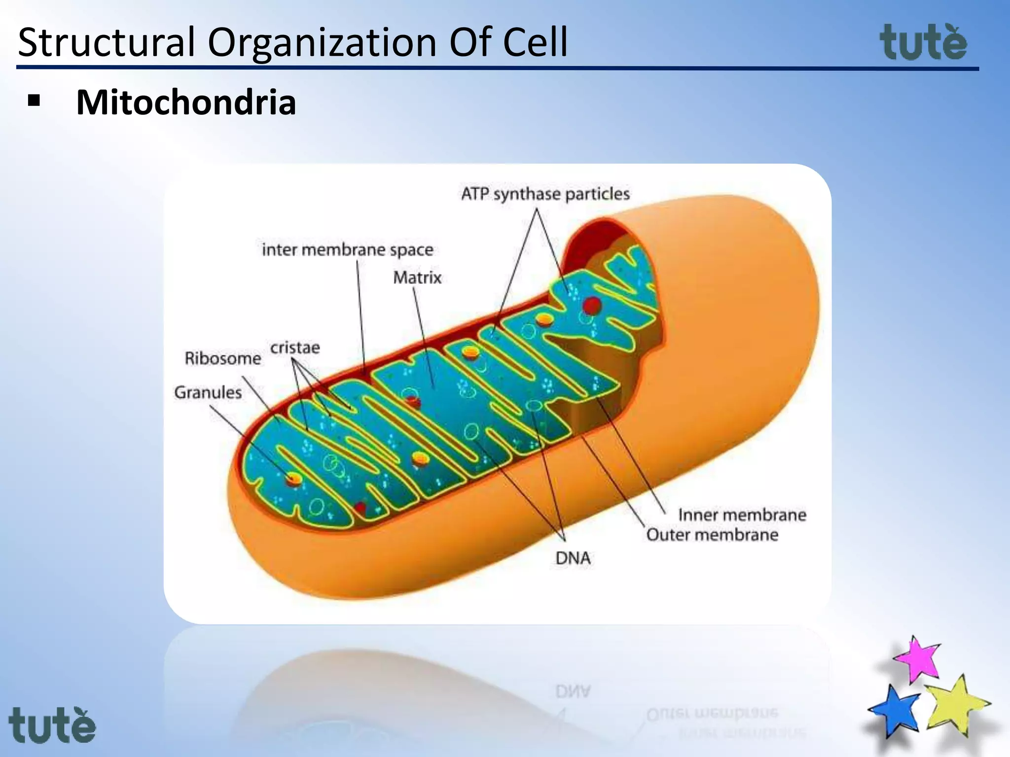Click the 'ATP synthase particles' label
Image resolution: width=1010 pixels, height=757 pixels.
tap(545, 194)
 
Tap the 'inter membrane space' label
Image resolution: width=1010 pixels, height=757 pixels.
tap(347, 250)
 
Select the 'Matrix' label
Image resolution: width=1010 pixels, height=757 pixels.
tap(417, 278)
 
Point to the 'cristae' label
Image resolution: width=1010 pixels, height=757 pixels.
tap(295, 348)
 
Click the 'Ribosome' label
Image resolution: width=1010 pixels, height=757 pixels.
tap(223, 358)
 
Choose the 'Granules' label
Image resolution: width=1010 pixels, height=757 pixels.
tap(208, 393)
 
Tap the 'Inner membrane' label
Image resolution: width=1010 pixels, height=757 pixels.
tap(742, 515)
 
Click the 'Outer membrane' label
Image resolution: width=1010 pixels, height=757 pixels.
tap(712, 535)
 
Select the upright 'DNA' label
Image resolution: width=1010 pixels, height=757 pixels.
tap(573, 558)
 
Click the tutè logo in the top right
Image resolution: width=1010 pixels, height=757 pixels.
tap(923, 43)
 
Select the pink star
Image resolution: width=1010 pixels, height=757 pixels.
tap(918, 659)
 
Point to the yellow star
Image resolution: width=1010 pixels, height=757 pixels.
tap(956, 706)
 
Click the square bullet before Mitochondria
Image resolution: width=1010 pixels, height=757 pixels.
tap(34, 102)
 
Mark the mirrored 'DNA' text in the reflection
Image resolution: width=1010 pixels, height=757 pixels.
tap(573, 691)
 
